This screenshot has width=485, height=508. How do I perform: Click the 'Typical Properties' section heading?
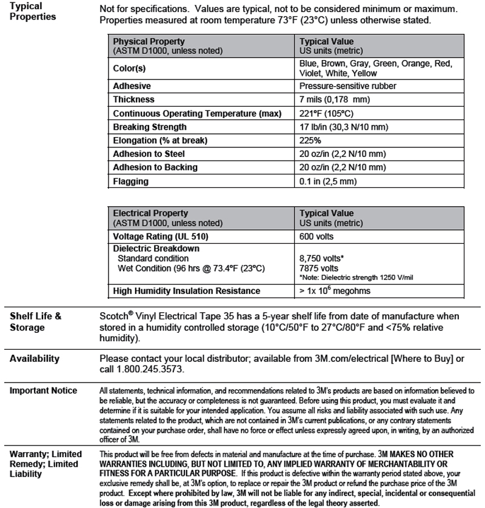[x=33, y=12]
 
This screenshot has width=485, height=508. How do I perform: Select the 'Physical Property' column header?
[x=149, y=42]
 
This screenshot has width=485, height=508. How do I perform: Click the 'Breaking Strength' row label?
[x=150, y=127]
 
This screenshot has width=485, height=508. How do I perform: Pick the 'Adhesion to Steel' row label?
[x=149, y=154]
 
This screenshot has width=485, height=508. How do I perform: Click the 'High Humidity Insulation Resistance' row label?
[x=187, y=291]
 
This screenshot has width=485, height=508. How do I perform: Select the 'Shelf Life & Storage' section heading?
[x=35, y=321]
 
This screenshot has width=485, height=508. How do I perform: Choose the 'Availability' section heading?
[x=35, y=358]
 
